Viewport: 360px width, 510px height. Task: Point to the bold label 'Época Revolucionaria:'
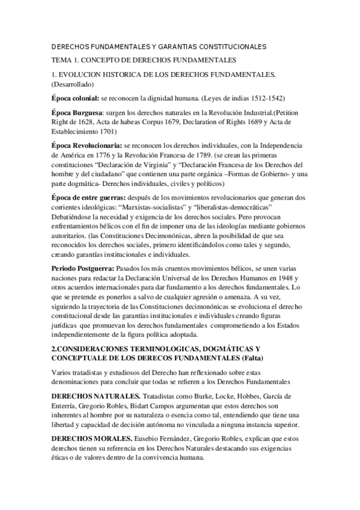87,146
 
